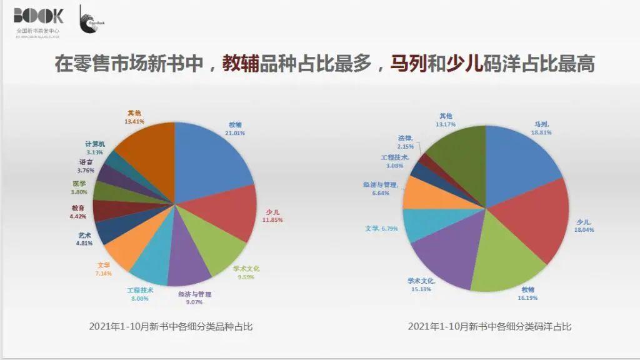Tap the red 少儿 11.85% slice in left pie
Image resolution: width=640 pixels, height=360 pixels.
231,213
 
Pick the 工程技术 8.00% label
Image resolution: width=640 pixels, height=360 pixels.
140,294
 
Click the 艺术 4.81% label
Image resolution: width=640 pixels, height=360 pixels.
84,239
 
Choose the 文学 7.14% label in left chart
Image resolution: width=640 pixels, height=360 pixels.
103,269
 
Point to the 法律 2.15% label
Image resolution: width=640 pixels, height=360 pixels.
407,142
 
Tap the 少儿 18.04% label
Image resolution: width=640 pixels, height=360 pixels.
585,226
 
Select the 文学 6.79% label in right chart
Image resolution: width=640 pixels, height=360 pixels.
381,229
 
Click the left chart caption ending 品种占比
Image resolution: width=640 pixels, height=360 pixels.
171,326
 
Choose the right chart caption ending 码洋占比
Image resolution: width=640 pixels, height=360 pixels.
489,326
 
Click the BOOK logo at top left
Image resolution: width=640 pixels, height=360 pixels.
38,16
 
